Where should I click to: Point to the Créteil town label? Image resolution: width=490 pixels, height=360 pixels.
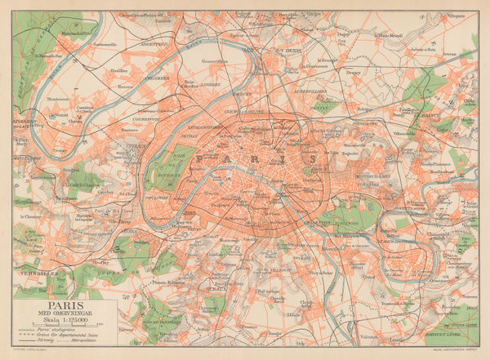coord(369,278)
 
